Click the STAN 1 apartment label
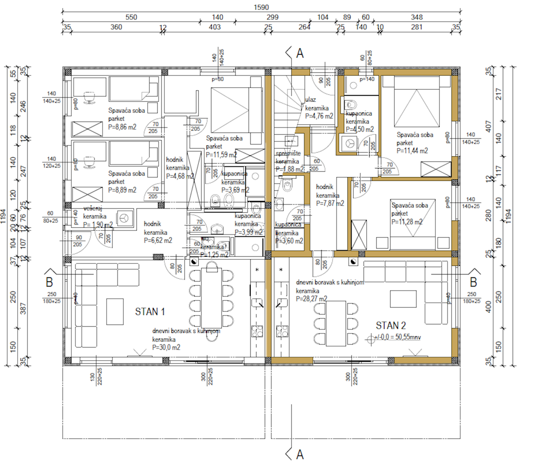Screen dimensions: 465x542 (150, 311)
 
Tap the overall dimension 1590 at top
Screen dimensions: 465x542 (261, 7)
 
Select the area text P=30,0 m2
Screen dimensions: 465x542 (166, 348)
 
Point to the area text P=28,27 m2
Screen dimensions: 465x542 (312, 299)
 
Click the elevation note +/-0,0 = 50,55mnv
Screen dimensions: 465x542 (398, 337)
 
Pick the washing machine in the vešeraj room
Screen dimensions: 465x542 (123, 218)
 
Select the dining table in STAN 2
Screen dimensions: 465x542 (338, 323)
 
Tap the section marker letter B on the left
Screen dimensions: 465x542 (49, 282)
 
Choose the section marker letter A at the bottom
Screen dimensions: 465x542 (299, 454)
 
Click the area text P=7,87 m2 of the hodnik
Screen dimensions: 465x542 (330, 203)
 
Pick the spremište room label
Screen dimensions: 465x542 (288, 154)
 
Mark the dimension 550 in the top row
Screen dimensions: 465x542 (131, 17)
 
